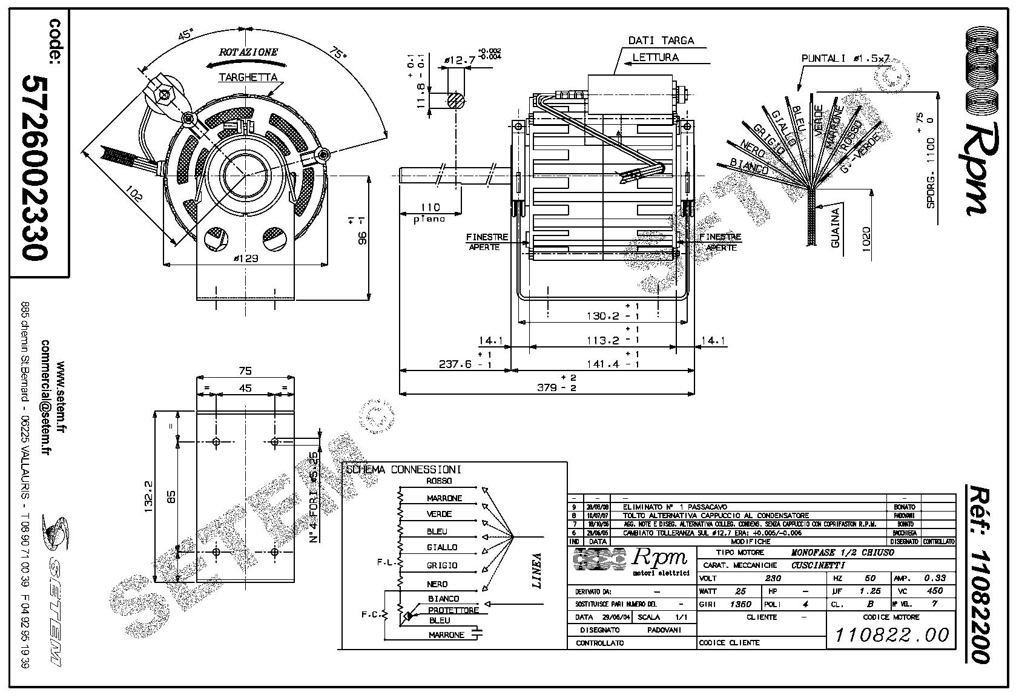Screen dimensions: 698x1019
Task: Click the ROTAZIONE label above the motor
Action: point(248,52)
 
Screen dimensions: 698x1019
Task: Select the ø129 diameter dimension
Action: point(245,258)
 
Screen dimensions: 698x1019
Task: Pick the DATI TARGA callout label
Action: point(661,41)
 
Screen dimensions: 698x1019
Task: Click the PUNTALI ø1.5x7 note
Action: point(845,58)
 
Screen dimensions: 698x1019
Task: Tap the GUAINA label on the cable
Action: point(836,228)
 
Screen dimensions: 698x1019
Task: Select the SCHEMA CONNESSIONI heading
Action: point(404,469)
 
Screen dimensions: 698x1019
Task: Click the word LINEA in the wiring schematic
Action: point(536,570)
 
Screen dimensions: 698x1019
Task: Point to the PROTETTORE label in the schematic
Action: point(453,610)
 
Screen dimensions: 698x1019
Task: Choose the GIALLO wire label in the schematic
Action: point(443,547)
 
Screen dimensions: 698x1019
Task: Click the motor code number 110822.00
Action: point(892,634)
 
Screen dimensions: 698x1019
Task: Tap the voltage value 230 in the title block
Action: point(774,578)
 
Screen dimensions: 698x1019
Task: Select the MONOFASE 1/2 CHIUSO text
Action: point(842,553)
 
